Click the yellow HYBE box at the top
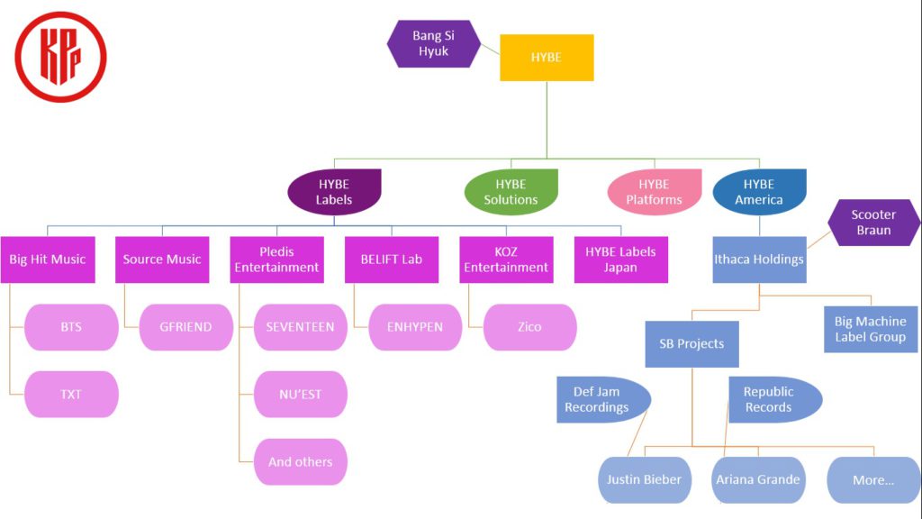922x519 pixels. pyautogui.click(x=547, y=58)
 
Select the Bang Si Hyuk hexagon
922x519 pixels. pyautogui.click(x=431, y=43)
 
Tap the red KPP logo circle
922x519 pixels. pyautogui.click(x=60, y=56)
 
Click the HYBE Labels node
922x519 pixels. pyautogui.click(x=334, y=192)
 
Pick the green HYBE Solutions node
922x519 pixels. pyautogui.click(x=511, y=192)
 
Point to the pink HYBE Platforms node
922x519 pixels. pyautogui.click(x=654, y=192)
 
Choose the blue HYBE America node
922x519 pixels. pyautogui.click(x=759, y=192)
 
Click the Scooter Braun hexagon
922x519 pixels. pyautogui.click(x=873, y=223)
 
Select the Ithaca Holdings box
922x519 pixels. pyautogui.click(x=759, y=259)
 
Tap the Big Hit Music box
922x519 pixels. pyautogui.click(x=47, y=259)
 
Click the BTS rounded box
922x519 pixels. pyautogui.click(x=71, y=327)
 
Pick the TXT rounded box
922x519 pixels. pyautogui.click(x=71, y=394)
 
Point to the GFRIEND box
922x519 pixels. pyautogui.click(x=186, y=327)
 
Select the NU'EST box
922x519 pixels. pyautogui.click(x=301, y=394)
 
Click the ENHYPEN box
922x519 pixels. pyautogui.click(x=415, y=327)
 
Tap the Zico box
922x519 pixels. pyautogui.click(x=529, y=327)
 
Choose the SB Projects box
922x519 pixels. pyautogui.click(x=691, y=343)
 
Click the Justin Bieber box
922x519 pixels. pyautogui.click(x=645, y=479)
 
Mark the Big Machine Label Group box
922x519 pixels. pyautogui.click(x=870, y=329)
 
